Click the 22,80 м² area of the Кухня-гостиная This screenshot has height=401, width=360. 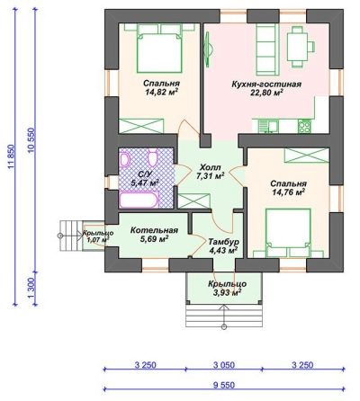[266, 93]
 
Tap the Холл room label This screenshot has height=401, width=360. [211, 167]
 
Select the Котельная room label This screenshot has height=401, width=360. [154, 230]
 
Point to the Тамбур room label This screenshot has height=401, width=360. [223, 241]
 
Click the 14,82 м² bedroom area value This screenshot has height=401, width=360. [161, 92]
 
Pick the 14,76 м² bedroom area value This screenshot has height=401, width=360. [288, 192]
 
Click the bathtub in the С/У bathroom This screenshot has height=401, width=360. [139, 200]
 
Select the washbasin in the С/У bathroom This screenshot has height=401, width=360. [124, 159]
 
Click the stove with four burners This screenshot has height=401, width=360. [304, 126]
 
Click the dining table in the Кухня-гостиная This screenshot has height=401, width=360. [297, 47]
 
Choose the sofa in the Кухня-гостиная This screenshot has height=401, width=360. [267, 49]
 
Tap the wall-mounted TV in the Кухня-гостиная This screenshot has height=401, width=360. [208, 49]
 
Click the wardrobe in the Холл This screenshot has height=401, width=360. [194, 200]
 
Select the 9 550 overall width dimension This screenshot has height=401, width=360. [224, 385]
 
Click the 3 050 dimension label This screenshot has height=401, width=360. [224, 365]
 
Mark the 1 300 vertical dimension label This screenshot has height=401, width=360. [31, 288]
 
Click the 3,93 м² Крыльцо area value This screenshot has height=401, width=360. [228, 293]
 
